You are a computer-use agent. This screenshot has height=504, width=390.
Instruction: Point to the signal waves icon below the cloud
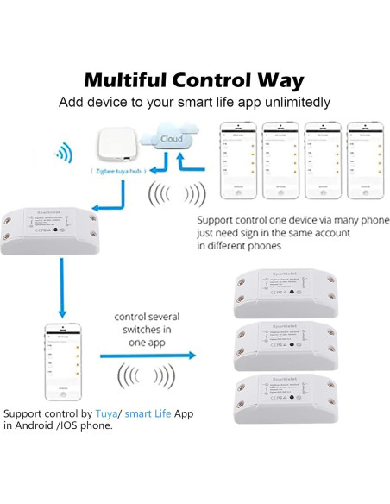[176, 194]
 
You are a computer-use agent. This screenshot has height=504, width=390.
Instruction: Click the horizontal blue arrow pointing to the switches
[147, 355]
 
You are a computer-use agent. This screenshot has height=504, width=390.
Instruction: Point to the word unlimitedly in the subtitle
[290, 102]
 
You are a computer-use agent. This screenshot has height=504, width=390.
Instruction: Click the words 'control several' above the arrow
[147, 317]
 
